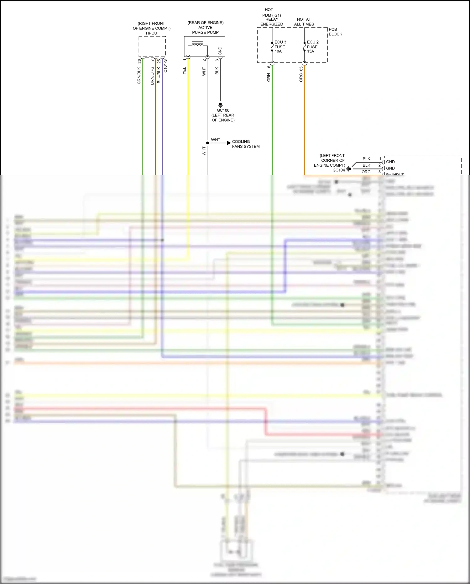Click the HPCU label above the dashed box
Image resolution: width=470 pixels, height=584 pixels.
click(x=151, y=33)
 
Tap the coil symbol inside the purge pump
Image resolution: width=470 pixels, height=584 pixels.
click(x=197, y=44)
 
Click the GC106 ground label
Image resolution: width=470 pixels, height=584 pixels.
click(x=223, y=110)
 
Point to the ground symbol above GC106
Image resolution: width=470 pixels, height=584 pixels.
click(x=220, y=105)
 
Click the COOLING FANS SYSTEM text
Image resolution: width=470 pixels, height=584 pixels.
click(x=246, y=144)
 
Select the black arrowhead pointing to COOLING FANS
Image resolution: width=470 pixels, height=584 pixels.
click(x=229, y=143)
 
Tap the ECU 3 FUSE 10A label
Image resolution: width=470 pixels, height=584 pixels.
click(x=280, y=47)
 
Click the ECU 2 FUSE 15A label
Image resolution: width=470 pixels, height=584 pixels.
click(x=312, y=47)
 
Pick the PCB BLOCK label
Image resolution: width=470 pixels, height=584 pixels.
click(x=335, y=32)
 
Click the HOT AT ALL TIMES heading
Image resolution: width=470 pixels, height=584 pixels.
click(x=304, y=22)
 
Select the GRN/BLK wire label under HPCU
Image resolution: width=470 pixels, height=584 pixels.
click(x=139, y=76)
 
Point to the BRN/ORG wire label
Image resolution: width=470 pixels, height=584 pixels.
click(x=152, y=76)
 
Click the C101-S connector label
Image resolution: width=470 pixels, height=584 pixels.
click(x=165, y=66)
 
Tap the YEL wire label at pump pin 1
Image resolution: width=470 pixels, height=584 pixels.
click(x=184, y=71)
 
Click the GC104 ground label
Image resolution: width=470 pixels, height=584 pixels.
click(x=338, y=170)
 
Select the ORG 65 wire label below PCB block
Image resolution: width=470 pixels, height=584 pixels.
click(x=301, y=74)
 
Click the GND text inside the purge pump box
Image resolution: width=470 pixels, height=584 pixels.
click(x=220, y=51)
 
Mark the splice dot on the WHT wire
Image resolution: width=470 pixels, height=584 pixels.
click(x=207, y=143)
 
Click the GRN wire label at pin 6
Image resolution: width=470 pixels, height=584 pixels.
click(x=269, y=77)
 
